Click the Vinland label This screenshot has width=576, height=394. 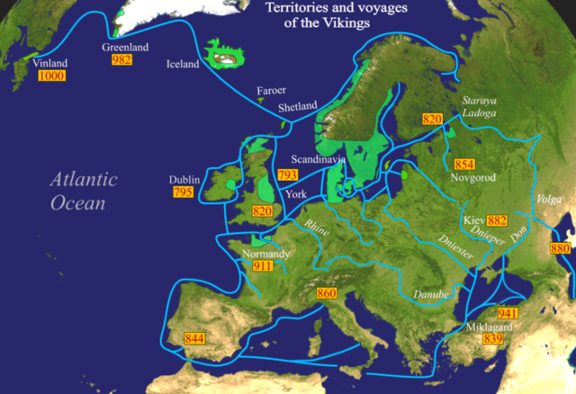49,64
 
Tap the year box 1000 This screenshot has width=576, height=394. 50,76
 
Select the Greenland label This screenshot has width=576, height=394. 124,47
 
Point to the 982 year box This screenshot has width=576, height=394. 121,59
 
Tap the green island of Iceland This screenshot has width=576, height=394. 226,55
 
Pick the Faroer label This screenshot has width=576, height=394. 272,91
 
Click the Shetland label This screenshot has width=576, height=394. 298,107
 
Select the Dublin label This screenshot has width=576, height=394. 184,180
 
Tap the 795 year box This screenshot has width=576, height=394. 182,193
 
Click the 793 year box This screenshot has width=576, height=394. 288,175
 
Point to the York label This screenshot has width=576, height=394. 295,194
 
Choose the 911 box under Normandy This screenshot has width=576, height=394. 263,266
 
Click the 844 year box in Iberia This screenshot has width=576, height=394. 194,338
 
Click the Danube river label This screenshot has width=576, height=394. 429,295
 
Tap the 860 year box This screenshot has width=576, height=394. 327,294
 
